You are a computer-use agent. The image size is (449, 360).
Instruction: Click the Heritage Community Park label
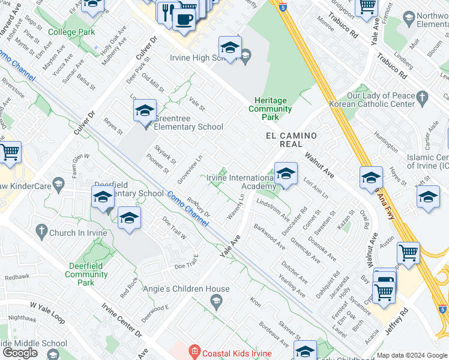(270, 104)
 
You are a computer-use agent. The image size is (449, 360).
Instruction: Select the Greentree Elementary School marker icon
(145, 112)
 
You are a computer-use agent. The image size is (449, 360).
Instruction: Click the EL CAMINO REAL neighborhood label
(291, 140)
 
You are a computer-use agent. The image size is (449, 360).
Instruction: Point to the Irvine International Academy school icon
(286, 174)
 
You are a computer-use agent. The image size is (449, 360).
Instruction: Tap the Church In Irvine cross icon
(41, 230)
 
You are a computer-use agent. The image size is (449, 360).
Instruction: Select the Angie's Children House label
(186, 289)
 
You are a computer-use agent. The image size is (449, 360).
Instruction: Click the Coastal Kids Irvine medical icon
(194, 350)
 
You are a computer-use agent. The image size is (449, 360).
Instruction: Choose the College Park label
(71, 32)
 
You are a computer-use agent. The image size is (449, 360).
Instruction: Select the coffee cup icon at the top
(184, 18)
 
